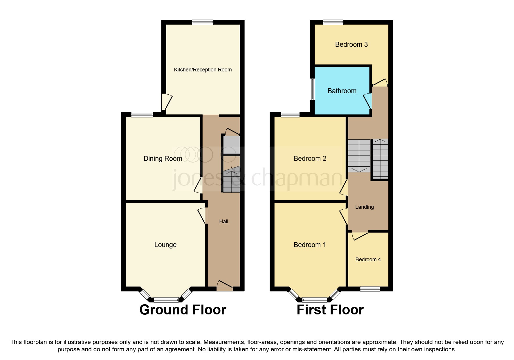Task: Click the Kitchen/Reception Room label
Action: point(203,70)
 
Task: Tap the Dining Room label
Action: point(163,159)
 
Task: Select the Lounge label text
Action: point(165,245)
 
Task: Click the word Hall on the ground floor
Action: point(223,222)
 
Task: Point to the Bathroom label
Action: point(342,91)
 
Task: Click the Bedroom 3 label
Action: point(351,44)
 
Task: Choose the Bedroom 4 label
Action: point(368,260)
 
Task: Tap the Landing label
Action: point(365,207)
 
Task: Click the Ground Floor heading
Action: point(183,310)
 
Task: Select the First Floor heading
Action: point(330,310)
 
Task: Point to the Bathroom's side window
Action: point(313,89)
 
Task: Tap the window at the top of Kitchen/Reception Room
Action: point(203,22)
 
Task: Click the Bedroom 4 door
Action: point(360,235)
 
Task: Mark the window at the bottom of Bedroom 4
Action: point(370,289)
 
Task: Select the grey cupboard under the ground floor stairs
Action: point(231,145)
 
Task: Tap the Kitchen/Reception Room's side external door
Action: point(167,102)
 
